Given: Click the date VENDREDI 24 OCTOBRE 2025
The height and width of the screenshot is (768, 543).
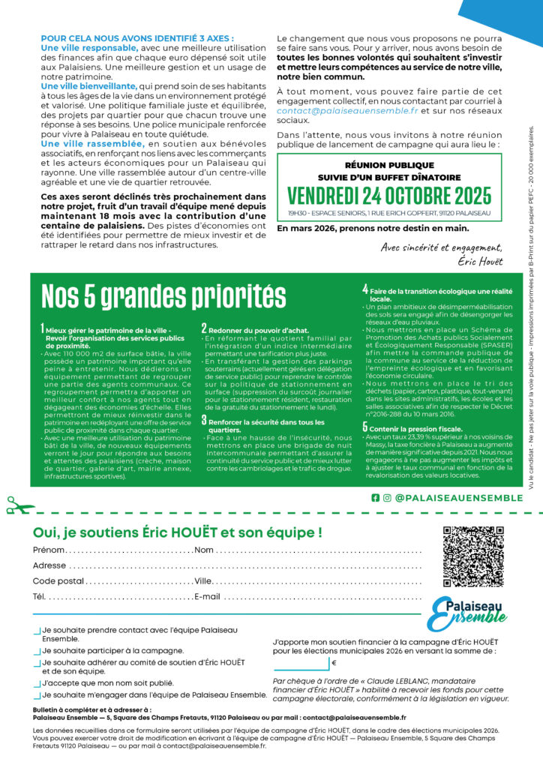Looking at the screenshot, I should [x=389, y=196].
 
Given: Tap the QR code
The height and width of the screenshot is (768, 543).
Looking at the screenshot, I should [x=472, y=556].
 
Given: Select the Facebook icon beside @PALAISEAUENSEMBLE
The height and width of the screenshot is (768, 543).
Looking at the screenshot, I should [x=375, y=497].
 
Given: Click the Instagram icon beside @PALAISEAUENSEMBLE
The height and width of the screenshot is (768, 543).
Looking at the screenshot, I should [x=387, y=497].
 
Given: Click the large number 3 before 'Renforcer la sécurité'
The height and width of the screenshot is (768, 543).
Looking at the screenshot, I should [x=204, y=420].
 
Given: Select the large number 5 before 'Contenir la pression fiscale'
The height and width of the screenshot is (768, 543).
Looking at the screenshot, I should [x=365, y=427].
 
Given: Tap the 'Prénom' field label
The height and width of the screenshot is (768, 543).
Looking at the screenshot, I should [x=49, y=550].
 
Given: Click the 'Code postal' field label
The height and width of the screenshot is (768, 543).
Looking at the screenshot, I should [x=58, y=581].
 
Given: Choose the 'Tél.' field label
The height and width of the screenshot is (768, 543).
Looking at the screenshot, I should [x=39, y=597].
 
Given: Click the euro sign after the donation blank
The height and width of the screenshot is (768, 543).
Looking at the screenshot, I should [x=333, y=663].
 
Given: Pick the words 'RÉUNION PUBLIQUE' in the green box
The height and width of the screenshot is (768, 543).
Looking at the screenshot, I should [x=389, y=163].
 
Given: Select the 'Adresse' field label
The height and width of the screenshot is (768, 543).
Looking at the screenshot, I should [x=49, y=565].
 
